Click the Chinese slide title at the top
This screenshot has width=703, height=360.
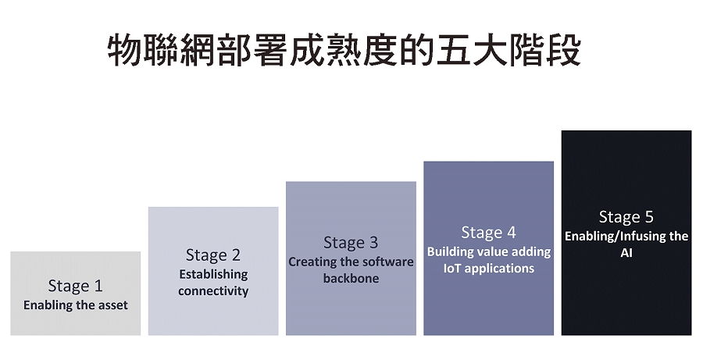click(x=344, y=50)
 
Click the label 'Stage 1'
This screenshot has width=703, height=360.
click(x=75, y=286)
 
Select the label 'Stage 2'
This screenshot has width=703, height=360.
click(x=213, y=255)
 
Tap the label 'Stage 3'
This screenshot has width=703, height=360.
click(x=351, y=243)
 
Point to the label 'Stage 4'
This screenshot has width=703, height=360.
click(x=488, y=232)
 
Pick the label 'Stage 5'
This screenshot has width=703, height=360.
click(x=626, y=217)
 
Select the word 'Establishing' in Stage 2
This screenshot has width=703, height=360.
click(x=213, y=274)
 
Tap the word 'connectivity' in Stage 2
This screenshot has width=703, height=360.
click(x=213, y=291)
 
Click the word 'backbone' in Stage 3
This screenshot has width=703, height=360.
click(x=351, y=279)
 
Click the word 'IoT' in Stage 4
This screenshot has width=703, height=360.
click(x=452, y=269)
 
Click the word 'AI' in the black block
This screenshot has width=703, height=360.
click(x=626, y=253)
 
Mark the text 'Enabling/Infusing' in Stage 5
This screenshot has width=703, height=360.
click(x=611, y=237)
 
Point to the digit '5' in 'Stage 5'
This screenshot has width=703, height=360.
click(x=649, y=217)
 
